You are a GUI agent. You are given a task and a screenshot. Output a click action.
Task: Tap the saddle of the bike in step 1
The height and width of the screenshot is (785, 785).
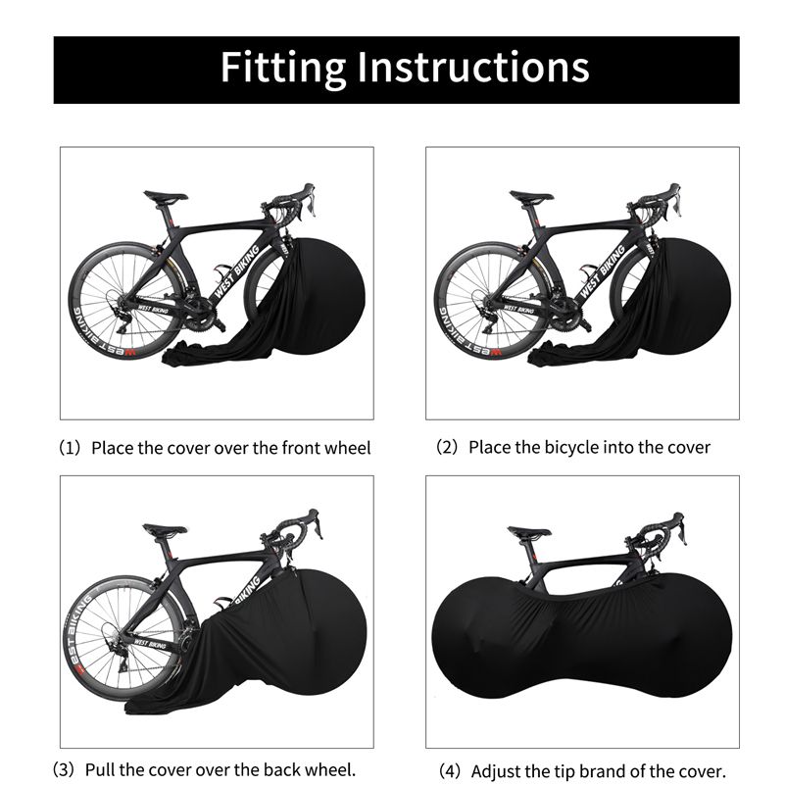[166, 196]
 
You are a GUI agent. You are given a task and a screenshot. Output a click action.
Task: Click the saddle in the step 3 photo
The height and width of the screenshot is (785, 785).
[165, 530]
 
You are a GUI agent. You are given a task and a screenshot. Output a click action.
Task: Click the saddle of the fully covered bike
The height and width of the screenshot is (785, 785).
[529, 533]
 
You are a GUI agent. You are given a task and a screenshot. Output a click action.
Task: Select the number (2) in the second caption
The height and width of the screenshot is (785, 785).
[446, 447]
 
